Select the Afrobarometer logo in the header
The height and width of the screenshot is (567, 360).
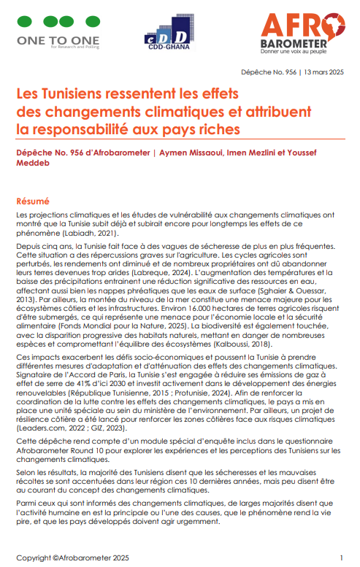click(x=302, y=34)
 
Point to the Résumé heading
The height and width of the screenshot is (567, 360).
click(x=33, y=200)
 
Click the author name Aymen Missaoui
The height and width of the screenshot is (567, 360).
click(x=188, y=154)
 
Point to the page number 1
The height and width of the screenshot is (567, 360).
click(x=341, y=558)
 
